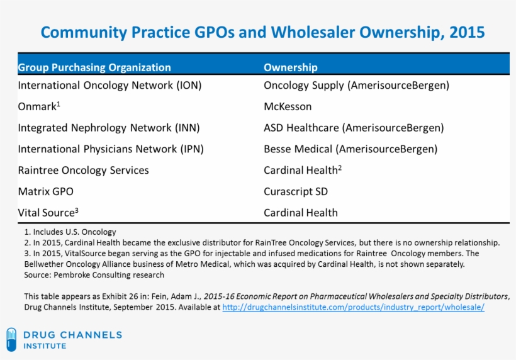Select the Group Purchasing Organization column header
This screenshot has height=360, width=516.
point(94,67)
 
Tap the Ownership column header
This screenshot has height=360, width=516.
point(290,67)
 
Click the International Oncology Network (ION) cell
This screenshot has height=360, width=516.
point(109,85)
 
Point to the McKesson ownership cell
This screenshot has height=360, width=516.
point(288,106)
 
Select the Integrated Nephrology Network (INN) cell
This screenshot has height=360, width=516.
point(109,128)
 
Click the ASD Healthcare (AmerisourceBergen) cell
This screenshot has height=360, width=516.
point(354,128)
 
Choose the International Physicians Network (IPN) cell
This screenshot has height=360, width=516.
point(111,149)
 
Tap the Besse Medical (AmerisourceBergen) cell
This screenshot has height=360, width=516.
point(351,149)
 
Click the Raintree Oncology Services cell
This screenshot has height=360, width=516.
point(83,171)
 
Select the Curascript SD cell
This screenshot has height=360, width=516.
point(296,191)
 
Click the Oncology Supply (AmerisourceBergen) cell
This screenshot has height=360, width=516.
point(356,85)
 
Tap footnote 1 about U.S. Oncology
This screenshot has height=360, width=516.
point(70,232)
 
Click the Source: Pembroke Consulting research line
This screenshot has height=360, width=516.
point(94,274)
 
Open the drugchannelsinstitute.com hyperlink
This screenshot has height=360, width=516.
point(353,307)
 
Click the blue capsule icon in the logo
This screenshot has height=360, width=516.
point(11,339)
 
